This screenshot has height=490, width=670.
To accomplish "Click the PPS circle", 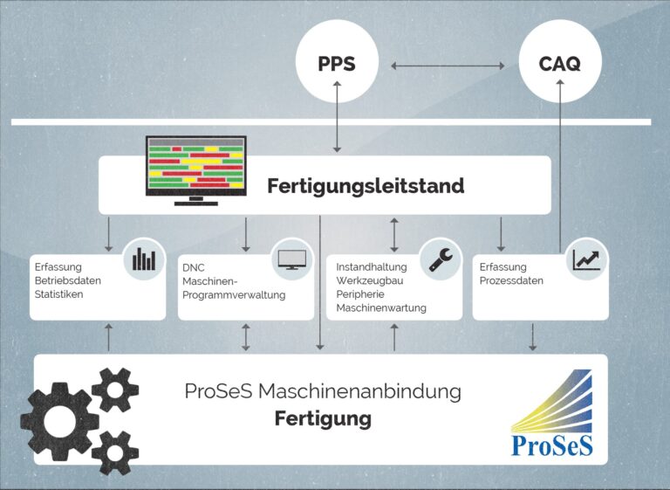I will point(338,65).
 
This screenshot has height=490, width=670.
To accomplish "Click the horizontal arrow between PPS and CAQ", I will point(448,66).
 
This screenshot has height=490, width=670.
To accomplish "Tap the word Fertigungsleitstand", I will point(366,186).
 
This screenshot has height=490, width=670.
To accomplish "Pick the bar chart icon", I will point(144,259).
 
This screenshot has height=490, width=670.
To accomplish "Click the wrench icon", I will point(440,259).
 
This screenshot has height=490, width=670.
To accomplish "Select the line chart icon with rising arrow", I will point(586,259).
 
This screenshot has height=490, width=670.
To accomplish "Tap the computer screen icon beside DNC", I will point(291,259).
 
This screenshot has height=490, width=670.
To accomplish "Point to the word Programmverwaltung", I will point(234,294).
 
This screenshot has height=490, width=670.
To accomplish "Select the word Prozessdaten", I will point(511,280).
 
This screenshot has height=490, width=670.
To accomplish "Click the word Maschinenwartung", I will point(381,308).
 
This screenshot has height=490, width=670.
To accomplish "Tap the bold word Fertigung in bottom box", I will point(323,419).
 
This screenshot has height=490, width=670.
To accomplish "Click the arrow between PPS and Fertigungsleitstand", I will point(338,127).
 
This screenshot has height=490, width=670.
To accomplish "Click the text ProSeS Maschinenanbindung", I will point(323,392).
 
